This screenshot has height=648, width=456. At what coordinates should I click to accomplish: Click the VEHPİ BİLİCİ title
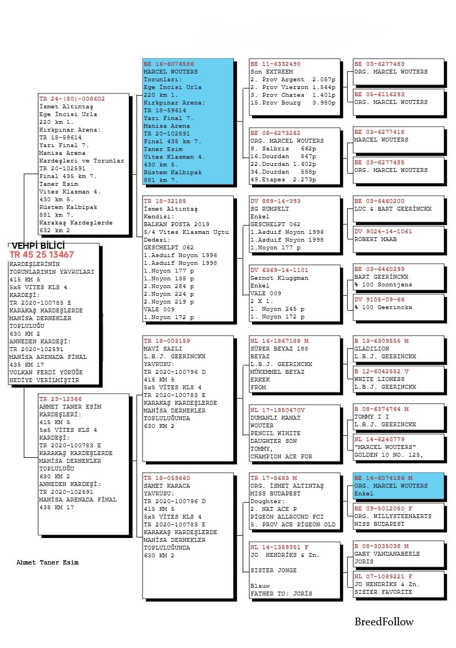tap(37, 246)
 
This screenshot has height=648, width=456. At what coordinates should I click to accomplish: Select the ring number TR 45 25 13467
tap(41, 255)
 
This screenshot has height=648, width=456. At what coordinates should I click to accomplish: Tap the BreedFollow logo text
tap(384, 621)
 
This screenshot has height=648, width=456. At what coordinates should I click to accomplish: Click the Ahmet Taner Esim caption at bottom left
tap(48, 562)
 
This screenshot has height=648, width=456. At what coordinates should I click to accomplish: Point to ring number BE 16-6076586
tap(169, 64)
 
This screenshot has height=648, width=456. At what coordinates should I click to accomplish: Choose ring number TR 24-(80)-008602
tap(72, 99)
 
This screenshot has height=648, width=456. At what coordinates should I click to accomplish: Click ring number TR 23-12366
tap(60, 399)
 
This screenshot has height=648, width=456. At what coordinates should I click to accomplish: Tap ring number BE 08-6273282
tap(275, 133)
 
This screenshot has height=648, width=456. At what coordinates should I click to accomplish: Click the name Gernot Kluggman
tap(279, 278)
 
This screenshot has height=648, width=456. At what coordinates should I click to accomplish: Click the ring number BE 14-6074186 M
tap(383, 478)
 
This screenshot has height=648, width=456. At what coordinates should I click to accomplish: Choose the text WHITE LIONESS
tap(379, 379)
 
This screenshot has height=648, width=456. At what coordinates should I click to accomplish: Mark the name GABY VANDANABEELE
tap(387, 553)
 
